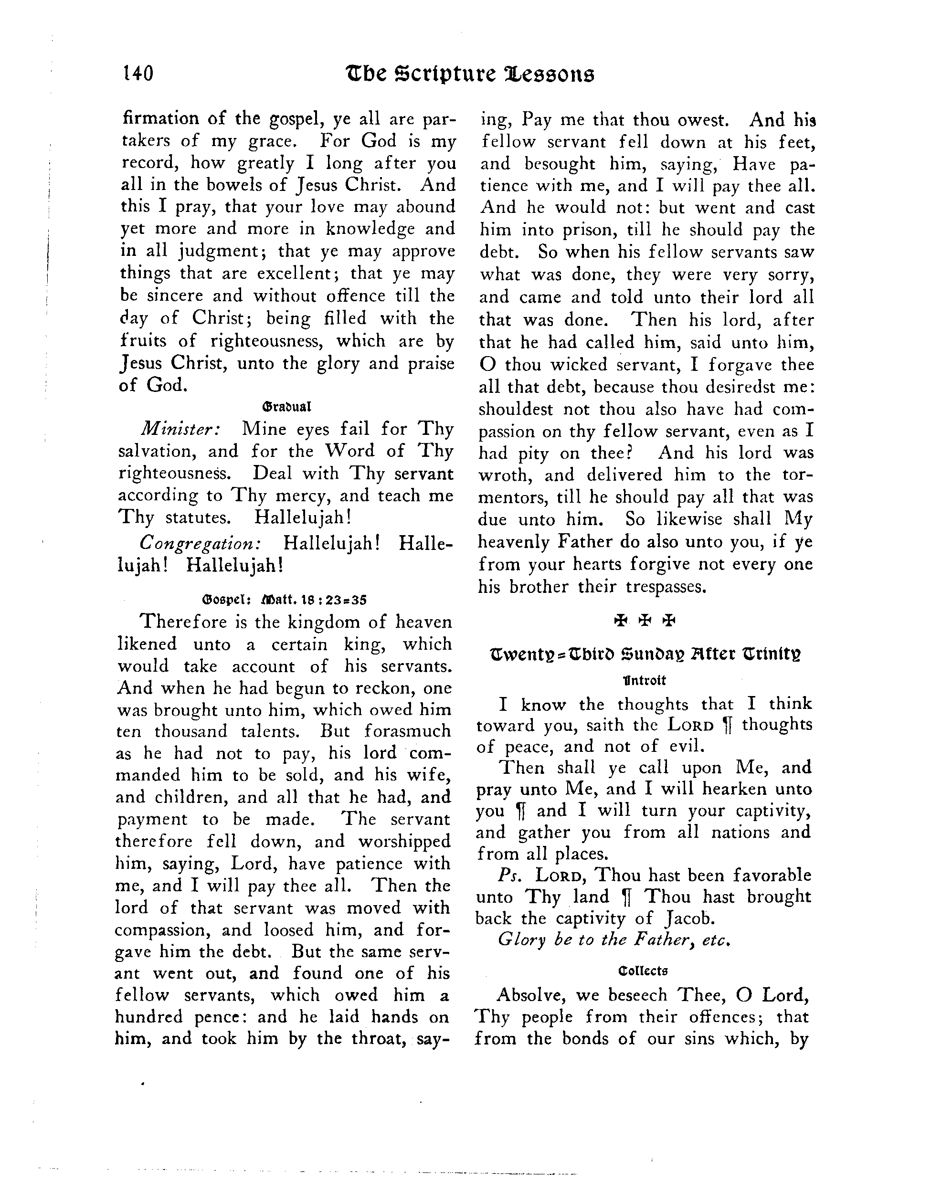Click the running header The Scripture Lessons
pyautogui.click(x=469, y=74)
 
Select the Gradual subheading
pyautogui.click(x=287, y=408)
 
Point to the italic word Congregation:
pyautogui.click(x=200, y=543)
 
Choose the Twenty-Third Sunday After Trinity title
pyautogui.click(x=645, y=655)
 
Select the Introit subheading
pyautogui.click(x=644, y=680)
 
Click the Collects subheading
pyautogui.click(x=643, y=971)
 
